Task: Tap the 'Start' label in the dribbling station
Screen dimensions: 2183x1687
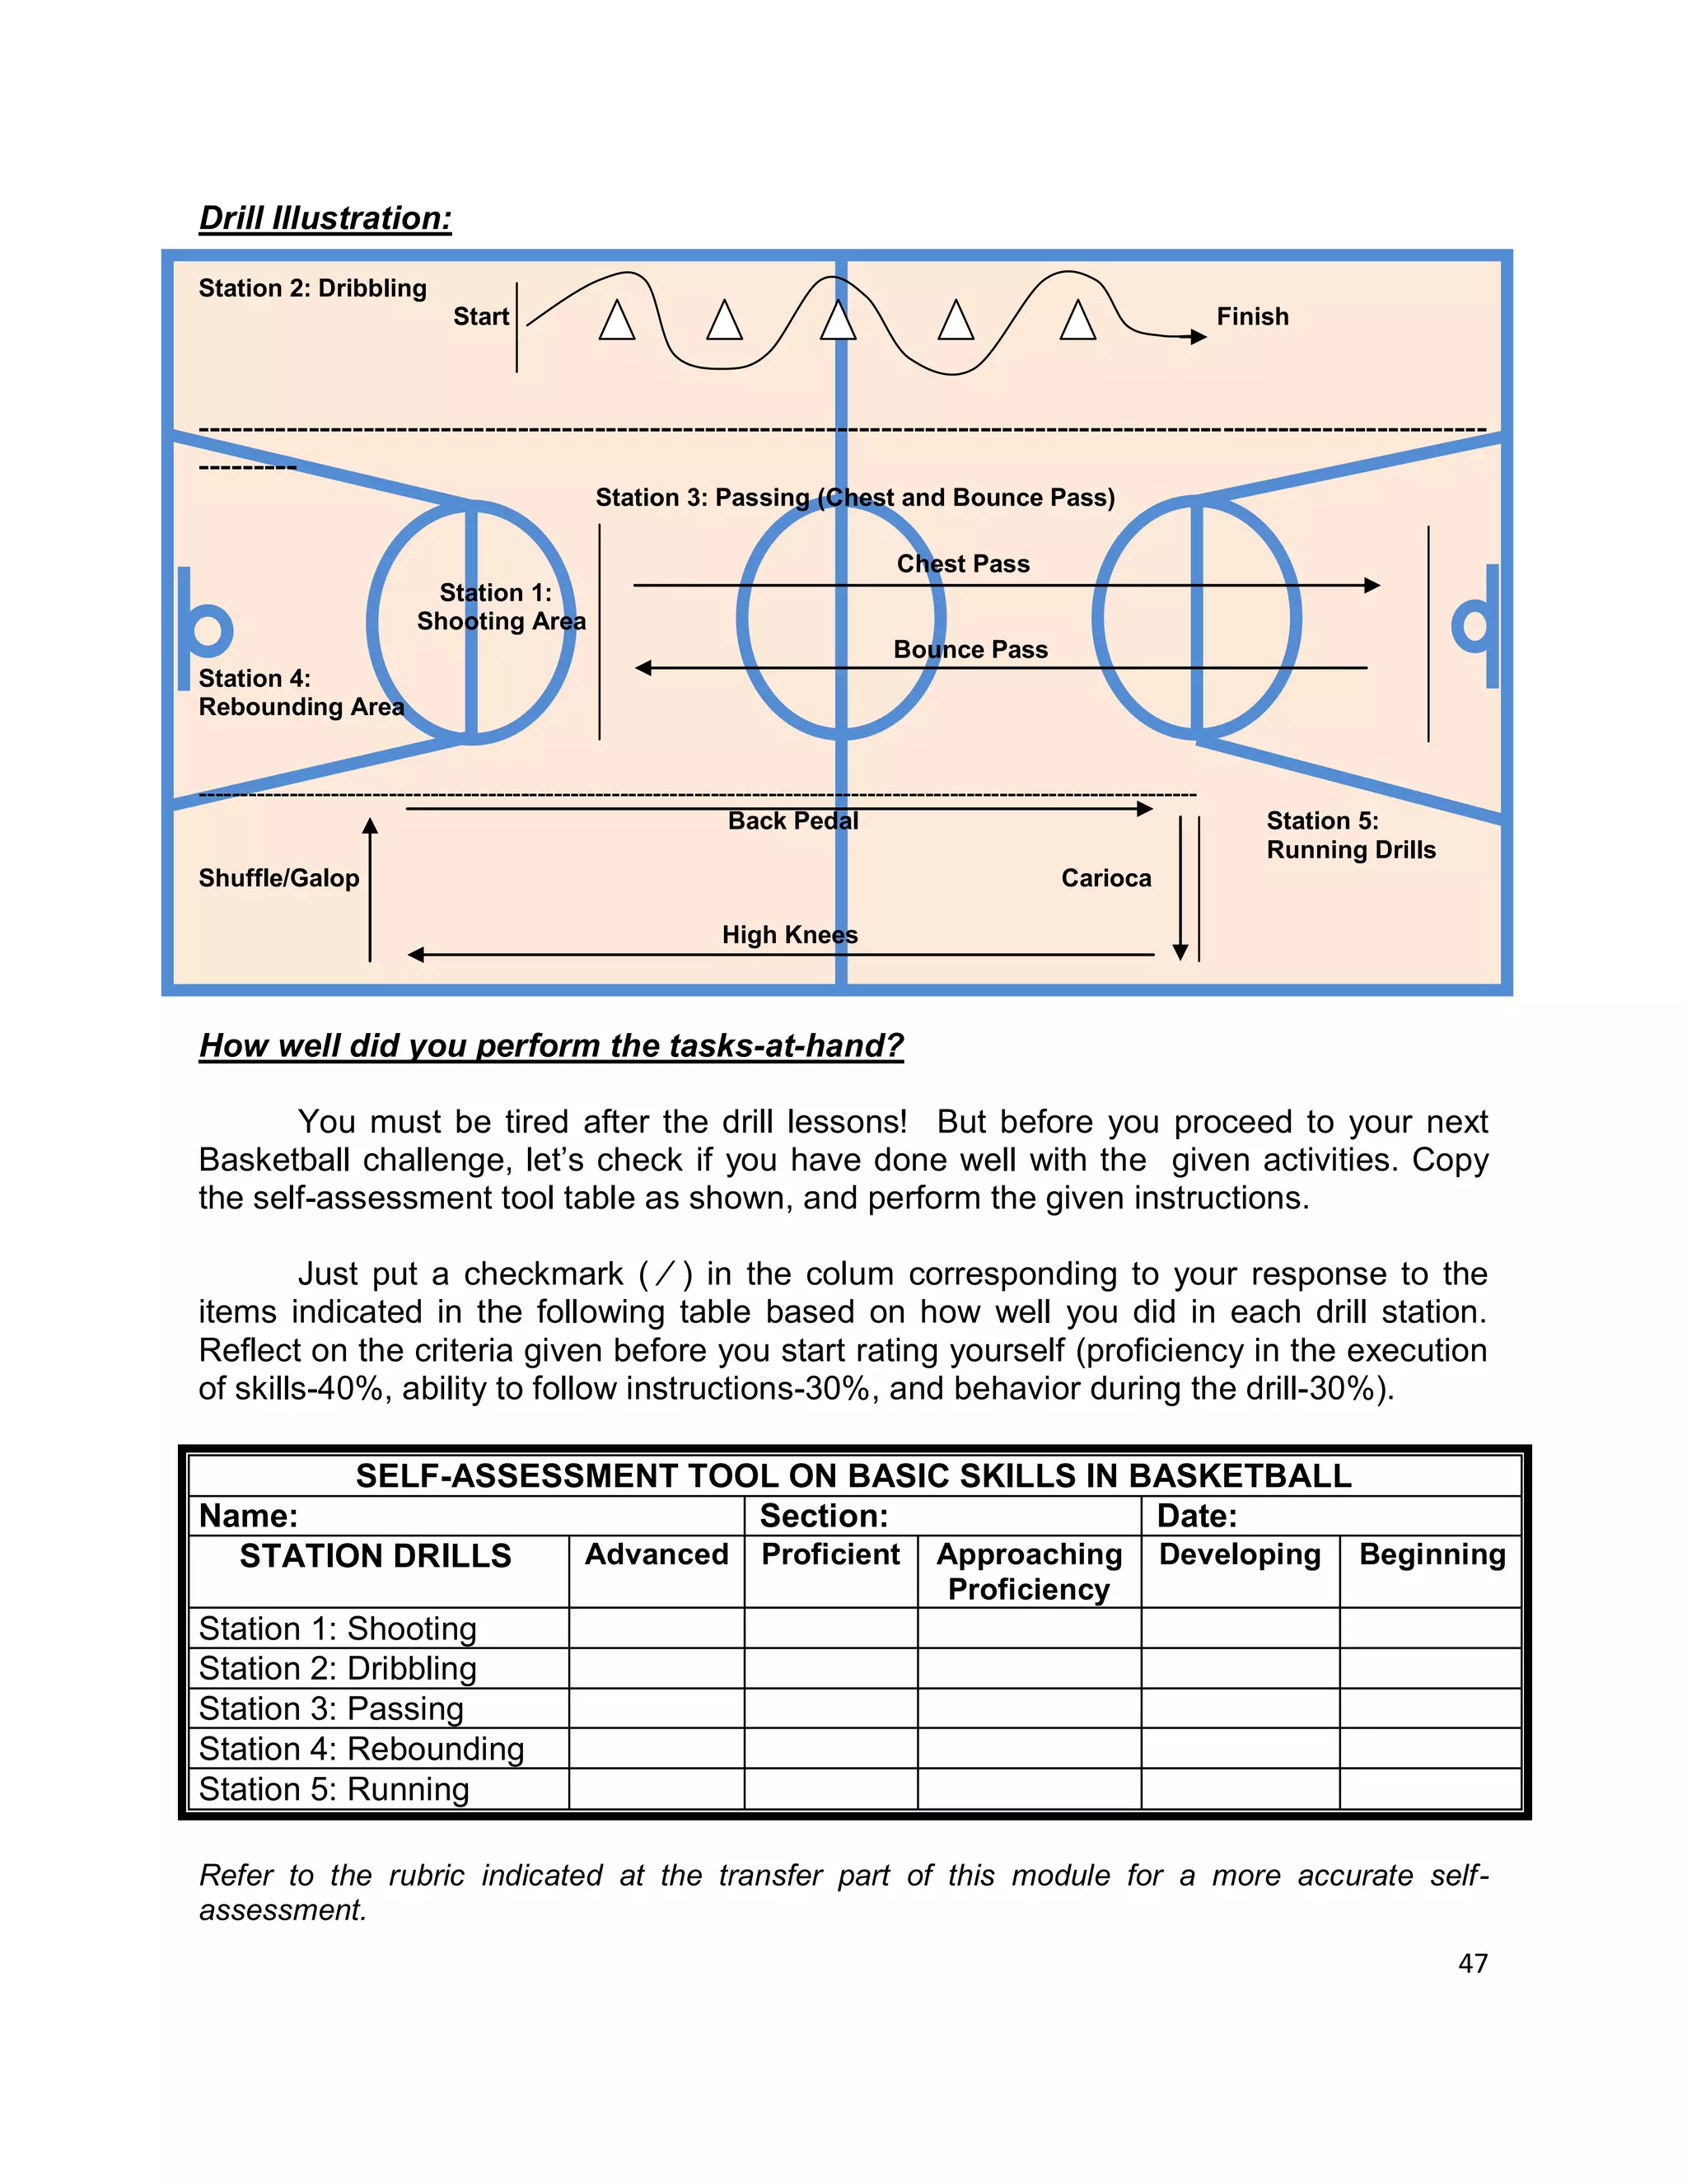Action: coord(481,317)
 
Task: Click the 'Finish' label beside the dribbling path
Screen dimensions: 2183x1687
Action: coord(1251,317)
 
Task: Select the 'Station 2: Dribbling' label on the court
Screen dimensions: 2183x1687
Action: coord(312,287)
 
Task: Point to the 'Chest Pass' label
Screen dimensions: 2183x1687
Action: coord(962,563)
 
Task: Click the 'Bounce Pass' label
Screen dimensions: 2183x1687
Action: coord(970,650)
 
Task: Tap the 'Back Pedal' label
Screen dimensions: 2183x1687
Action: coord(792,820)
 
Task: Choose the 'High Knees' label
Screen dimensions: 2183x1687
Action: coord(789,935)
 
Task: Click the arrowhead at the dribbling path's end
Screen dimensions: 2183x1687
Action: coord(1199,337)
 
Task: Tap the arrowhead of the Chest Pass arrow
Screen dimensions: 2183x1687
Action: coord(1372,585)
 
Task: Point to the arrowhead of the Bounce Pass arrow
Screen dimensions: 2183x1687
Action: coord(643,668)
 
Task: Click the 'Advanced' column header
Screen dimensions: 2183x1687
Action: coord(656,1554)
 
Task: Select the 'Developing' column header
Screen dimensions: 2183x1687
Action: coord(1239,1554)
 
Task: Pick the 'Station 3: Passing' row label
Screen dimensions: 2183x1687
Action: coord(331,1709)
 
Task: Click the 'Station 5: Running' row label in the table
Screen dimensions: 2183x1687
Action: coord(334,1788)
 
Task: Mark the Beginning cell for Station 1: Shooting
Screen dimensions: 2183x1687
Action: coord(1429,1629)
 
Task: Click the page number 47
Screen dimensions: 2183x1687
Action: coord(1472,1963)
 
